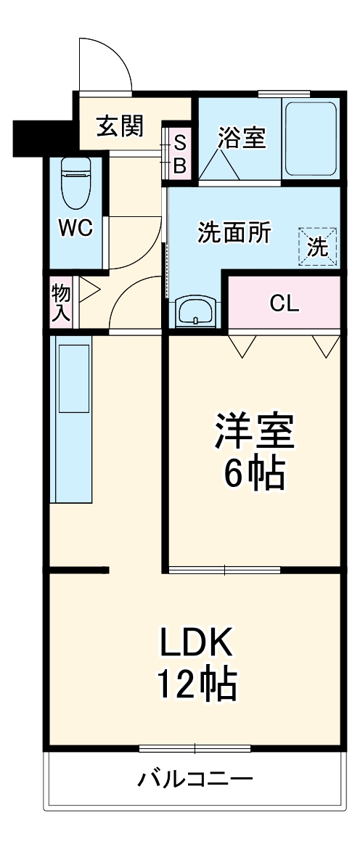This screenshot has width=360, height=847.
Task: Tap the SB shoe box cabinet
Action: [179, 154]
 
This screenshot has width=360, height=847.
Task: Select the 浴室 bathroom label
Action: [241, 138]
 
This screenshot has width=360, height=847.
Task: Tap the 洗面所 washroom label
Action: [234, 233]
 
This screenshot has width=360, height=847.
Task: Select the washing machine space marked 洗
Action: [318, 247]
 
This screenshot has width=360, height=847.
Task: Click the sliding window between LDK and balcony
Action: [195, 748]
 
